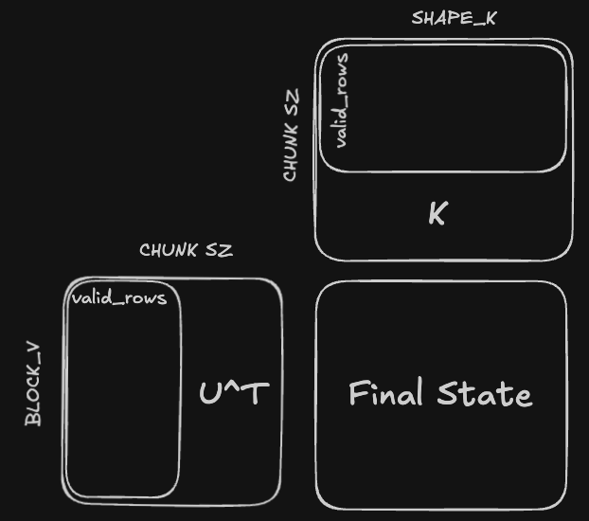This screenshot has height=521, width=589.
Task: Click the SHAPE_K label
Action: (x=454, y=17)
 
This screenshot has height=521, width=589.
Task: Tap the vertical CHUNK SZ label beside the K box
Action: (x=291, y=135)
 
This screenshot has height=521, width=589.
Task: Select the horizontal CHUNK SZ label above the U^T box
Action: (x=186, y=250)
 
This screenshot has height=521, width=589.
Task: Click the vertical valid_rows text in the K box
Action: (x=342, y=99)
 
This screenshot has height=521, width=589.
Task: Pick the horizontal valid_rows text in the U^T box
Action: (x=119, y=298)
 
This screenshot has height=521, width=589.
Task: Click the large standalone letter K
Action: (x=437, y=214)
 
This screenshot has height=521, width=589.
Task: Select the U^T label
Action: (x=234, y=393)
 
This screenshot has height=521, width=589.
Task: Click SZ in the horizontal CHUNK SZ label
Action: (x=219, y=250)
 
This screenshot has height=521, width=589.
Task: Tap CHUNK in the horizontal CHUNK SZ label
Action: (x=169, y=250)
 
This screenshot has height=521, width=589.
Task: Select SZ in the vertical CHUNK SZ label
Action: (x=291, y=101)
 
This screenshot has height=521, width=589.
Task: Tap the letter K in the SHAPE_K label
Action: (x=490, y=17)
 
